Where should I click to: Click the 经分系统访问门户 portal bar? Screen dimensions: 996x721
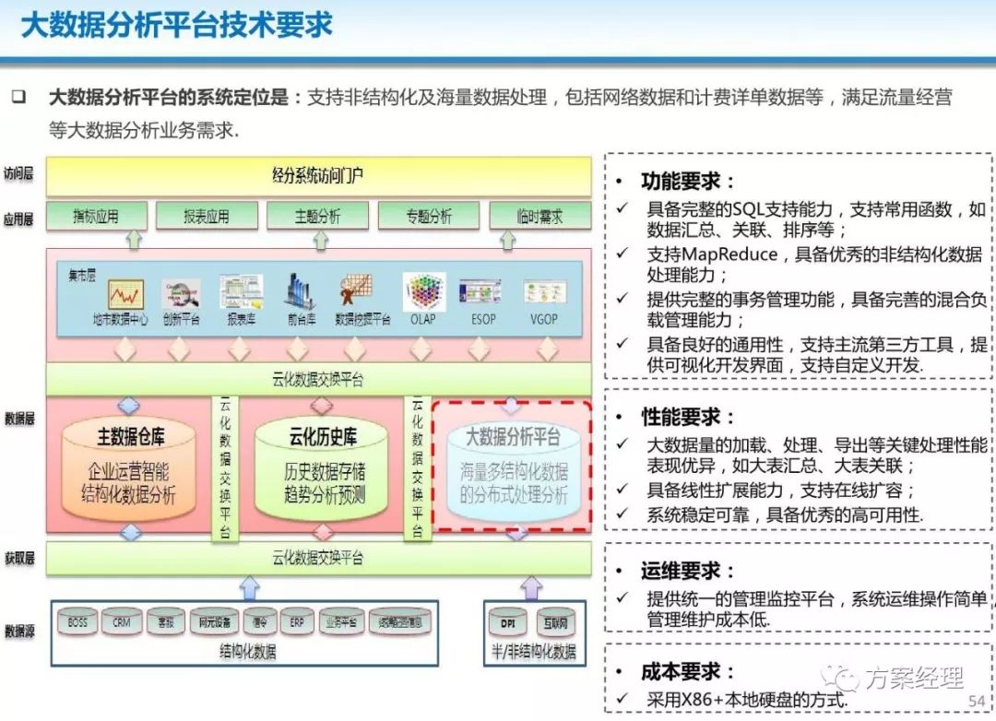click(x=318, y=175)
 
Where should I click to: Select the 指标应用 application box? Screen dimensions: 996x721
click(x=97, y=217)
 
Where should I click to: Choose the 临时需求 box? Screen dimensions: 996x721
click(x=539, y=217)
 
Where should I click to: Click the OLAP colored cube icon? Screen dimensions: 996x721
click(x=423, y=292)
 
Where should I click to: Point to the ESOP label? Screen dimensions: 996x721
click(x=482, y=319)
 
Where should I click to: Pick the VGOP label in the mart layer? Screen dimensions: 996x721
click(x=544, y=319)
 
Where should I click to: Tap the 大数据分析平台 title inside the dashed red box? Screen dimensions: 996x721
click(x=513, y=435)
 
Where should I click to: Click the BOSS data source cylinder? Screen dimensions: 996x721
click(x=77, y=622)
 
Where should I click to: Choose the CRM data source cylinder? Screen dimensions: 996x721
click(x=122, y=622)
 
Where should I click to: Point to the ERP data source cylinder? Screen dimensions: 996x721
click(x=297, y=622)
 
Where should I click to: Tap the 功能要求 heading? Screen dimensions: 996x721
click(x=688, y=181)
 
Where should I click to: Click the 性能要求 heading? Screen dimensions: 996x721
click(x=688, y=417)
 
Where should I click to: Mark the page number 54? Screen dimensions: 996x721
click(x=976, y=703)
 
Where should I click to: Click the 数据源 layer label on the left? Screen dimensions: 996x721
click(x=19, y=631)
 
